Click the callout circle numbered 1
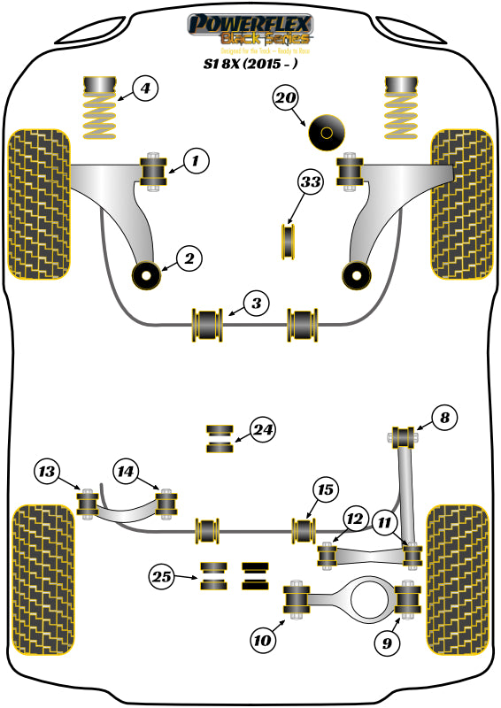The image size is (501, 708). pyautogui.click(x=197, y=160)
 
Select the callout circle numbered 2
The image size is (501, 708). pyautogui.click(x=189, y=258)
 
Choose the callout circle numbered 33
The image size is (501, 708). pyautogui.click(x=309, y=182)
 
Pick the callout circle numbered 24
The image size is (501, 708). pyautogui.click(x=262, y=430)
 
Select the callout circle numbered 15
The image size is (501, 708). pyautogui.click(x=385, y=522)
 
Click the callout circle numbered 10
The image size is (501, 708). pyautogui.click(x=49, y=472)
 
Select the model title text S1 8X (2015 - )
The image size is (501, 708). pyautogui.click(x=251, y=63)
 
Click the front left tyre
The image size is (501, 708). pyautogui.click(x=38, y=202)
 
